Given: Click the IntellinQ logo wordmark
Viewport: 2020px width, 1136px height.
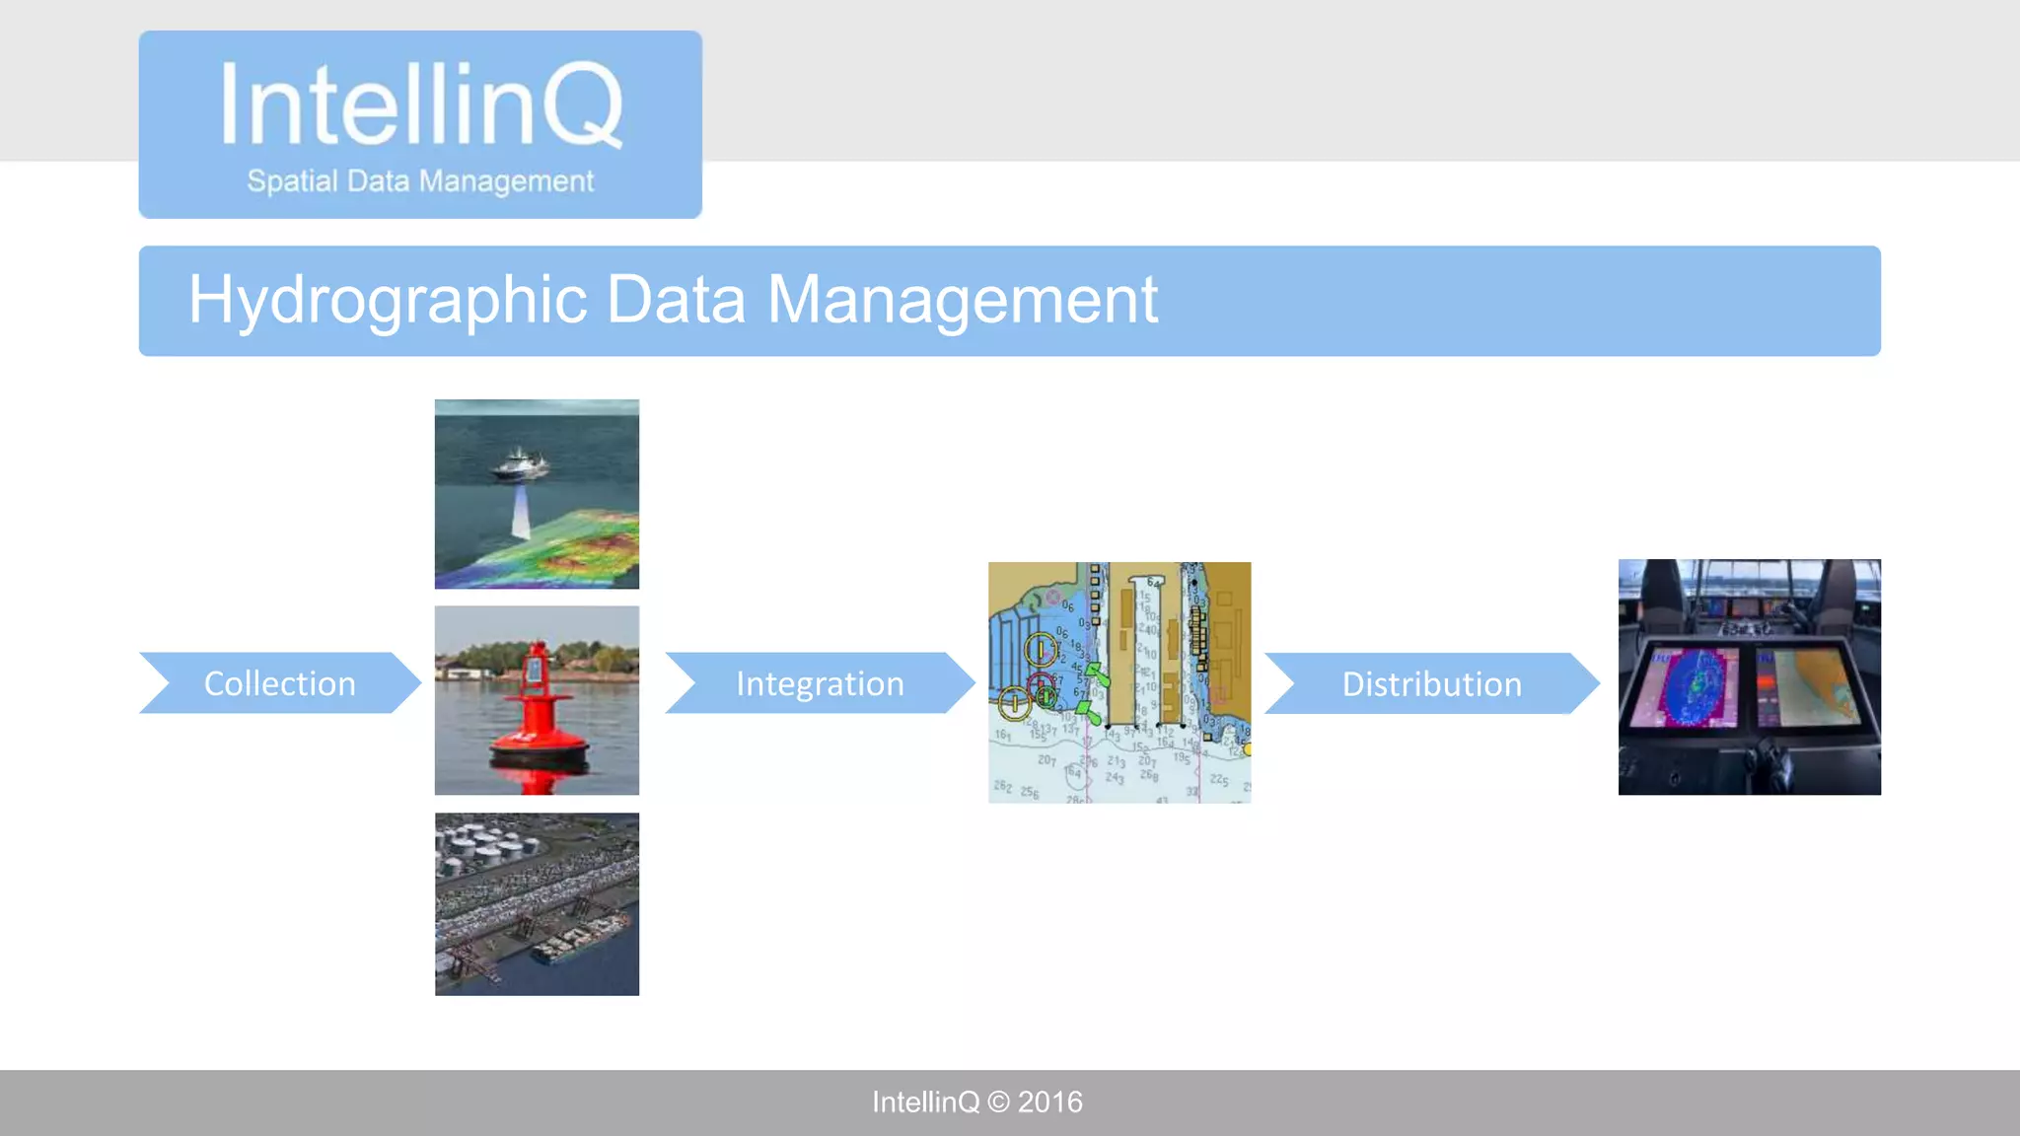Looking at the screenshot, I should coord(420,104).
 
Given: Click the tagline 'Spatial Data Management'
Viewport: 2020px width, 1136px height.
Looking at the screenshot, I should coord(420,181).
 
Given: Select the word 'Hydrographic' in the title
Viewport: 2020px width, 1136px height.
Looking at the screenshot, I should coord(388,300).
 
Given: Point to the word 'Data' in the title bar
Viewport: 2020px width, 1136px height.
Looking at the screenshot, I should coord(676,300).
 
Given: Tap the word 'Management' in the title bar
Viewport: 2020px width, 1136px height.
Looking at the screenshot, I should coord(962,300).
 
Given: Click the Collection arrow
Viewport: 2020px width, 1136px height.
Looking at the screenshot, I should coord(279,683).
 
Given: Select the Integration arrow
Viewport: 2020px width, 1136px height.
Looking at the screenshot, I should coord(819,683).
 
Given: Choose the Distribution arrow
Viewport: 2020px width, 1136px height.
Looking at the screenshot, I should coord(1431,683).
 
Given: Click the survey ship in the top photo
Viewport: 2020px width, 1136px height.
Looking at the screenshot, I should coord(520,462).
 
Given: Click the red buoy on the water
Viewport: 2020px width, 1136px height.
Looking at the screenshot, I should coord(538,705).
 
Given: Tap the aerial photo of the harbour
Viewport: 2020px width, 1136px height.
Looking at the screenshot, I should coord(537,903).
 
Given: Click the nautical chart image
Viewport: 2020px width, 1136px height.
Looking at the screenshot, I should coord(1119,682).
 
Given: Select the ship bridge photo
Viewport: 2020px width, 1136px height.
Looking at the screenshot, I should coord(1749,676).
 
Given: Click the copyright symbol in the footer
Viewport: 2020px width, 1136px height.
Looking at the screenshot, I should coord(998,1102).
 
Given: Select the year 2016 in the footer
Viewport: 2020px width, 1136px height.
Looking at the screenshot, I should coord(1050,1102).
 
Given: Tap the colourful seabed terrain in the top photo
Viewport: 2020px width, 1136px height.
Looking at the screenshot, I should coord(582,547).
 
